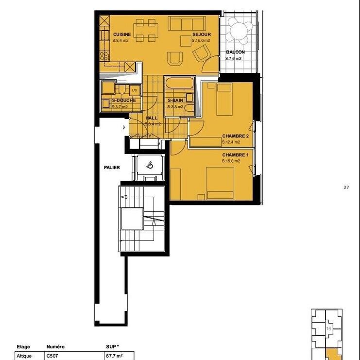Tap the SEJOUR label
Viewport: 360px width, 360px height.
click(x=201, y=35)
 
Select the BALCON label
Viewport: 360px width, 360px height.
click(x=235, y=52)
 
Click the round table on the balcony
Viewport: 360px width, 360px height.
click(x=240, y=31)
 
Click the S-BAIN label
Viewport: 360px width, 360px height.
click(x=175, y=101)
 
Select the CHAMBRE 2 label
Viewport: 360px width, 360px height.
click(x=236, y=136)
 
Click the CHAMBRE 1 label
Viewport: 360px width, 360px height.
click(x=236, y=155)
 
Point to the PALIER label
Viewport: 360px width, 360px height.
click(x=112, y=168)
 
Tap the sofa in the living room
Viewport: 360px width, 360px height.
click(x=187, y=23)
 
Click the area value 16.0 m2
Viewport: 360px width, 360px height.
click(x=201, y=41)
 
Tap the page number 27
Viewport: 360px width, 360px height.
click(x=346, y=187)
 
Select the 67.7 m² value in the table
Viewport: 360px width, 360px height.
click(x=114, y=355)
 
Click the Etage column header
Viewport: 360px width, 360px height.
click(x=23, y=347)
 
